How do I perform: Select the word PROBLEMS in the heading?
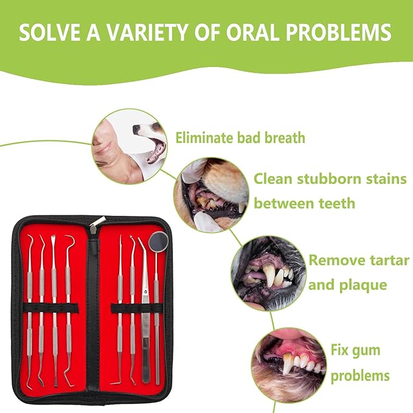(349, 32)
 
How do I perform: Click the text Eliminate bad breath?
(240, 137)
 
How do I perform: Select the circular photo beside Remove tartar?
(268, 265)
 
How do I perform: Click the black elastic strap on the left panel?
(50, 307)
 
